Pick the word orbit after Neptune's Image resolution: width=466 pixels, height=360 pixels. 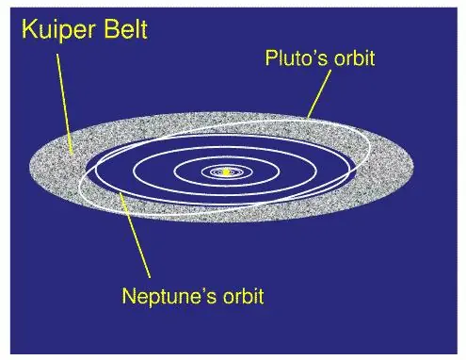239,296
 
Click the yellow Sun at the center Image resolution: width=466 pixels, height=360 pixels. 226,172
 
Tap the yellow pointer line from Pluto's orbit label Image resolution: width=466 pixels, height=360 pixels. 319,94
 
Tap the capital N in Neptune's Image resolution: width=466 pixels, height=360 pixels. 130,296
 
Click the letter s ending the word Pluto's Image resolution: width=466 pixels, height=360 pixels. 323,58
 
